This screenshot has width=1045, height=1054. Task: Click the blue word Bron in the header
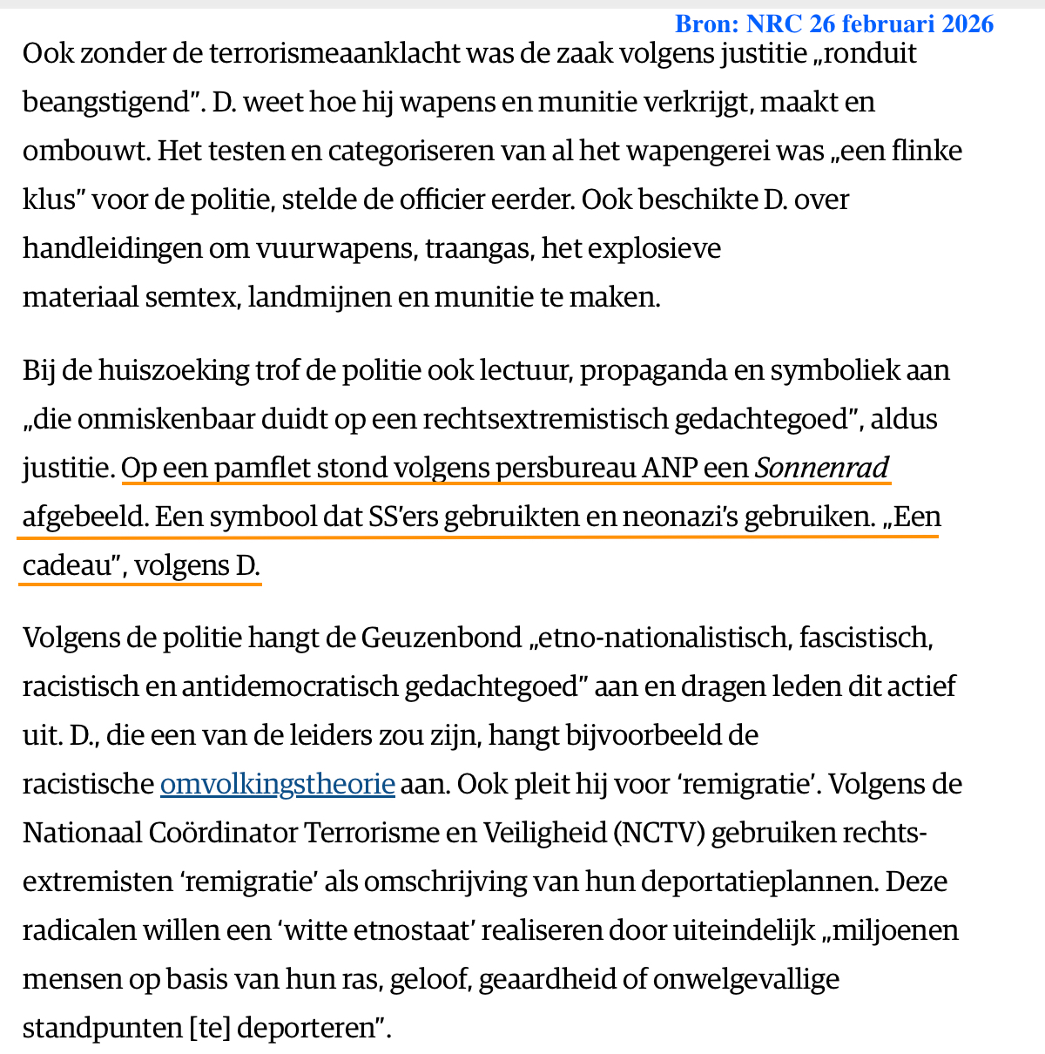705,24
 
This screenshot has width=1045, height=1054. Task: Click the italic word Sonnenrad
822,469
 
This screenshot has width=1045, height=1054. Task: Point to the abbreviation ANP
670,469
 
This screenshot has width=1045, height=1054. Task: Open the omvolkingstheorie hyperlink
277,784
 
